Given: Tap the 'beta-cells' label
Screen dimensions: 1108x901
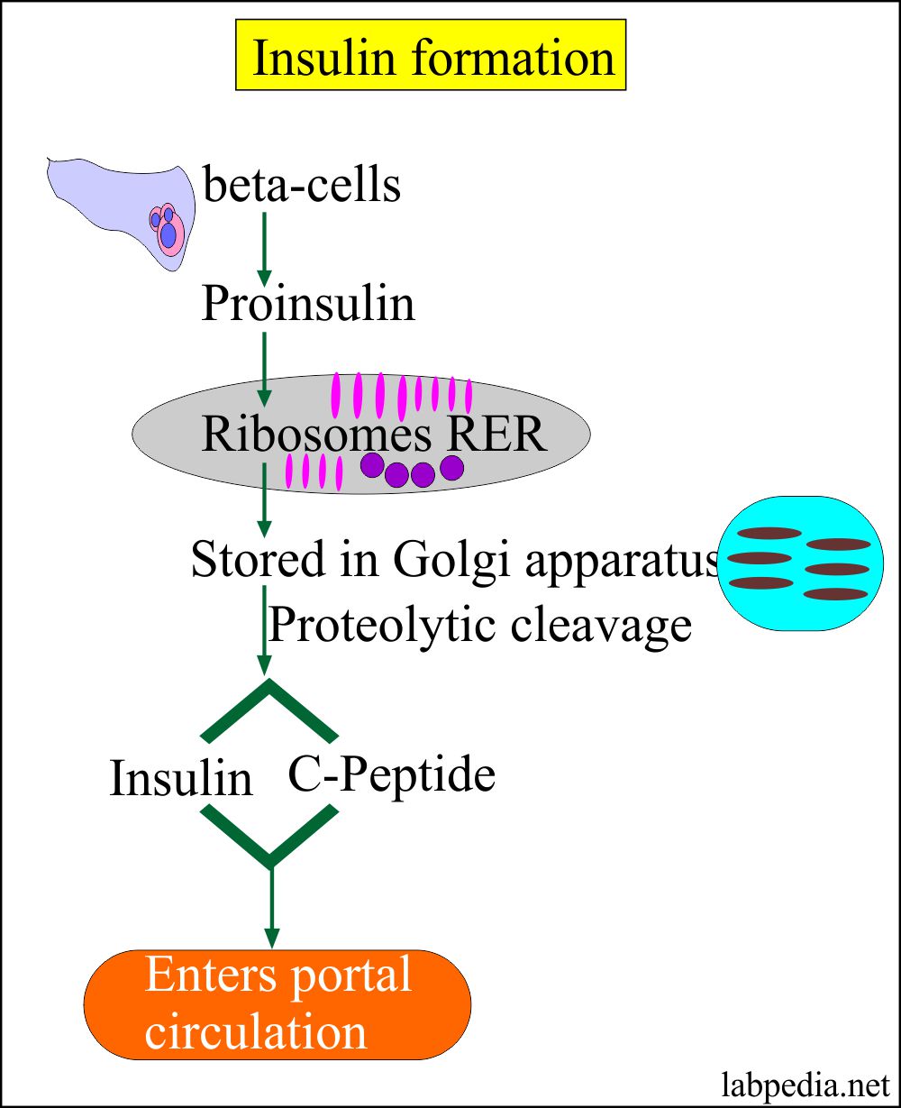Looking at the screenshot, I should point(302,186).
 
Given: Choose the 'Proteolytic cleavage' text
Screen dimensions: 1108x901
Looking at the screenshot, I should point(479,623).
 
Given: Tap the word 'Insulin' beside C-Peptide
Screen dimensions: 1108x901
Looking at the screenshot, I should point(180,778).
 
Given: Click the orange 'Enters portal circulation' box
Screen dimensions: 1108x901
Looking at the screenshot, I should point(278,1004).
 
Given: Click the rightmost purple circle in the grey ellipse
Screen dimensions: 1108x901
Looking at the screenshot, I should point(451,467).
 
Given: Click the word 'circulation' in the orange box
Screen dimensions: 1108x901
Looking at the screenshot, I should point(256,1031).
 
